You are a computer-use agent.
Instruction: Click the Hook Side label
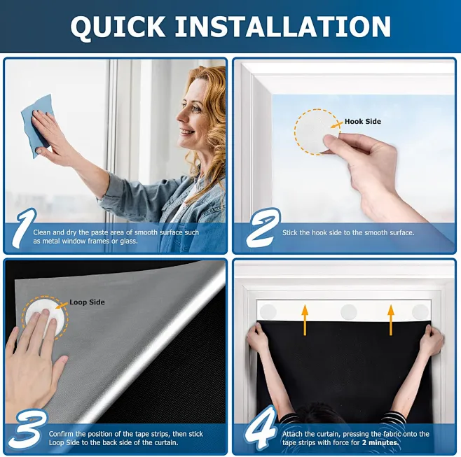click(363, 122)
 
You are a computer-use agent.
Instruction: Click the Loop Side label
click(87, 302)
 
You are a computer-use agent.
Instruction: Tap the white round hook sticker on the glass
click(317, 132)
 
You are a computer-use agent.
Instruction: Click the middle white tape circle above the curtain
click(348, 311)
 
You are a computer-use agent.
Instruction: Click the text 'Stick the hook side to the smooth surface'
click(348, 232)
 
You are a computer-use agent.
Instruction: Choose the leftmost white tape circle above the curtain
click(268, 311)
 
